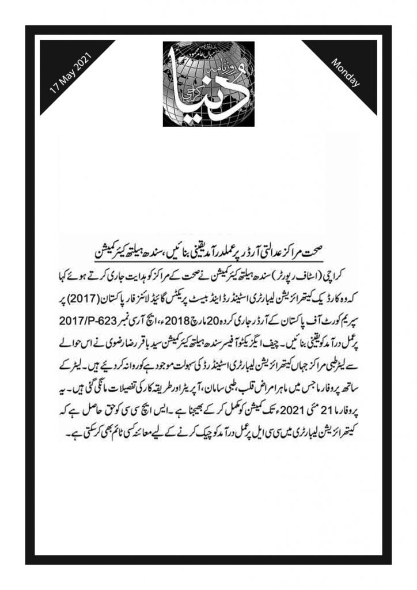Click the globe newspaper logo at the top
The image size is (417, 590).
(x=209, y=83)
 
